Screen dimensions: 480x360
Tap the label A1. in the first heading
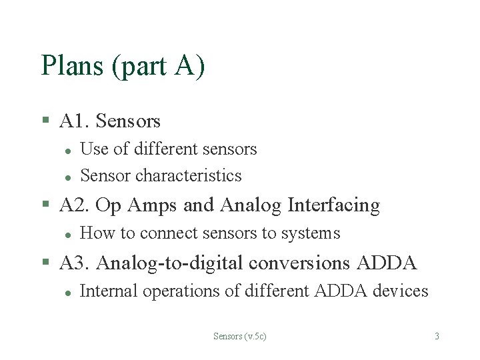click(x=75, y=121)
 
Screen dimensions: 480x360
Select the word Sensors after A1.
click(x=128, y=121)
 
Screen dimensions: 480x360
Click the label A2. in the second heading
click(x=75, y=205)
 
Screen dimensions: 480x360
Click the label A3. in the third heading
click(x=75, y=263)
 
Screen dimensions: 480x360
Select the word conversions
click(x=299, y=263)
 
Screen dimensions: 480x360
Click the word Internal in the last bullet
click(x=103, y=291)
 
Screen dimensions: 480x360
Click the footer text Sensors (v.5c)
click(x=239, y=336)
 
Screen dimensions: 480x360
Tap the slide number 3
click(x=437, y=336)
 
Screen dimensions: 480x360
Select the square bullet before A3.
click(x=45, y=263)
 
